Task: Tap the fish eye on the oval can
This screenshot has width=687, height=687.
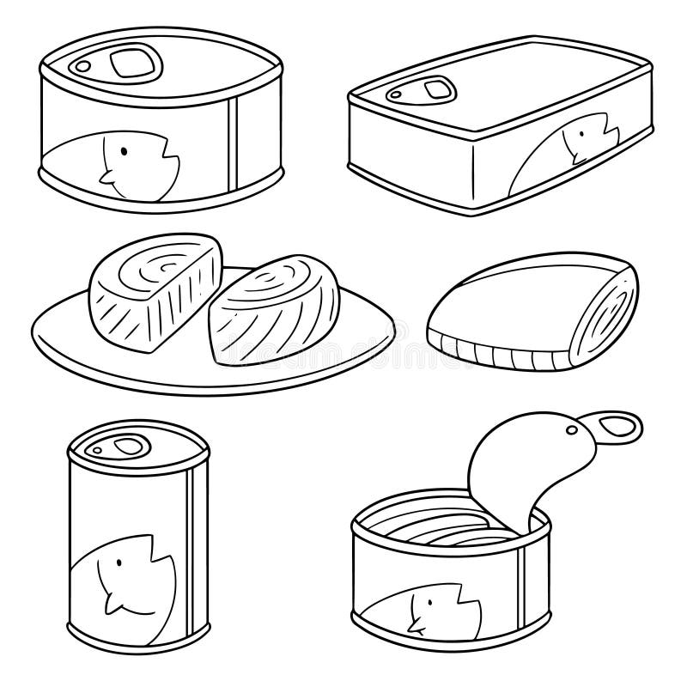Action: click(125, 153)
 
